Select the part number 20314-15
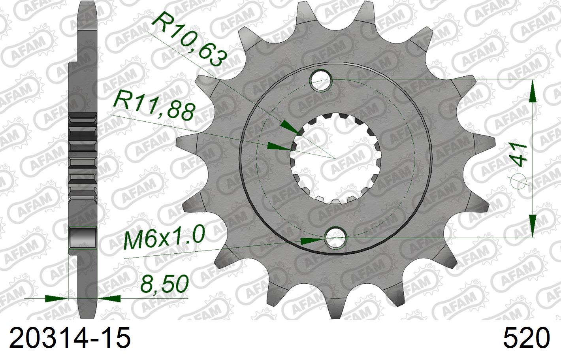(70, 338)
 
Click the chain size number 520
(526, 338)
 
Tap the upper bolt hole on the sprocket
(321, 80)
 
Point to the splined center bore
(335, 158)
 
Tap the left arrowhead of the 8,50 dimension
(57, 298)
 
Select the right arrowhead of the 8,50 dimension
(109, 298)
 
